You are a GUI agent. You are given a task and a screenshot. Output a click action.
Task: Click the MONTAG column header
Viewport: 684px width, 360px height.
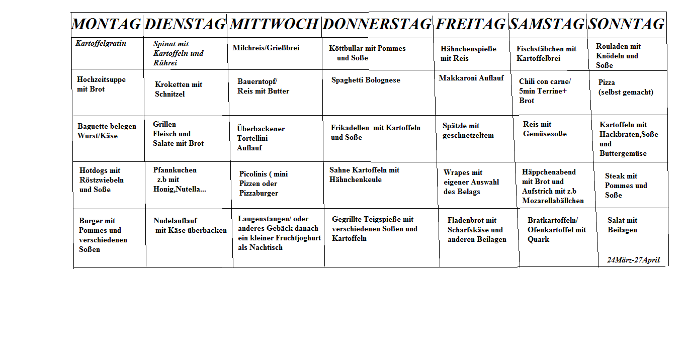106,24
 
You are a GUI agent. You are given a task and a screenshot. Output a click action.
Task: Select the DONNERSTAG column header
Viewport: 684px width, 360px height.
377,24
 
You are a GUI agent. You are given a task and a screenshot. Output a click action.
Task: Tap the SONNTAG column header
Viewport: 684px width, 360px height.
626,24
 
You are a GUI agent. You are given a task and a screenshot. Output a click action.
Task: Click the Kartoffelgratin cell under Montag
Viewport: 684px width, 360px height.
101,44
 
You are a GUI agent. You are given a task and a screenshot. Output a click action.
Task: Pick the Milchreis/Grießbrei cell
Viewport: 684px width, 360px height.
266,48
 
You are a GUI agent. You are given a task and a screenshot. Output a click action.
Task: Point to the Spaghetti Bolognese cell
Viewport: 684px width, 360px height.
366,80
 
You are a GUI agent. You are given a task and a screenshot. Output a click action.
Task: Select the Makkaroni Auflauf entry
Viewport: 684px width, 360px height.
471,78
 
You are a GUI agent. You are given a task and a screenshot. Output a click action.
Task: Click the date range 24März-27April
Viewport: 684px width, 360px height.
633,260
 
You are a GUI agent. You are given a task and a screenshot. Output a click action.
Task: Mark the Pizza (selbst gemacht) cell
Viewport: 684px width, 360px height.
626,87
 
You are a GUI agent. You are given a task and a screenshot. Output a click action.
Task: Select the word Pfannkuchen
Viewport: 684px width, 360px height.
175,170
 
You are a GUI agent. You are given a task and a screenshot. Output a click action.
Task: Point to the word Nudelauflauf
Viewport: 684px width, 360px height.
175,221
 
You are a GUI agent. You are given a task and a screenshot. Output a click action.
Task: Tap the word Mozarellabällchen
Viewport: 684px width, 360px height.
553,201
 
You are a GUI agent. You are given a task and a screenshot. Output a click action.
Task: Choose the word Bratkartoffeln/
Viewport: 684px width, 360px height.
553,220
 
